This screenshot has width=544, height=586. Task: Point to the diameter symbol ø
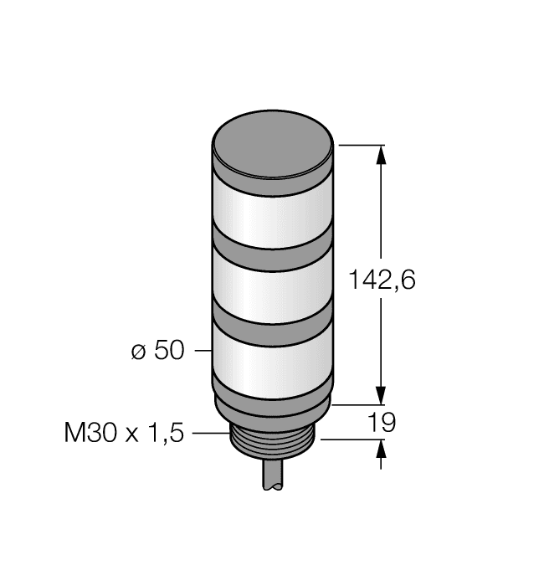point(139,352)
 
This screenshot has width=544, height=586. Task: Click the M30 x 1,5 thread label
point(125,433)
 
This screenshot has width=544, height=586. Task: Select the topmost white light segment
point(273,209)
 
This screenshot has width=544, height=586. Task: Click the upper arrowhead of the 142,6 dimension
point(382,155)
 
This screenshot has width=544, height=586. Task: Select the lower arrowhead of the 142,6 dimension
point(382,393)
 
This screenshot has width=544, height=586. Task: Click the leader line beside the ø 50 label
point(203,352)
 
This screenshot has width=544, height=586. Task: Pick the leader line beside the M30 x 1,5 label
point(209,433)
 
